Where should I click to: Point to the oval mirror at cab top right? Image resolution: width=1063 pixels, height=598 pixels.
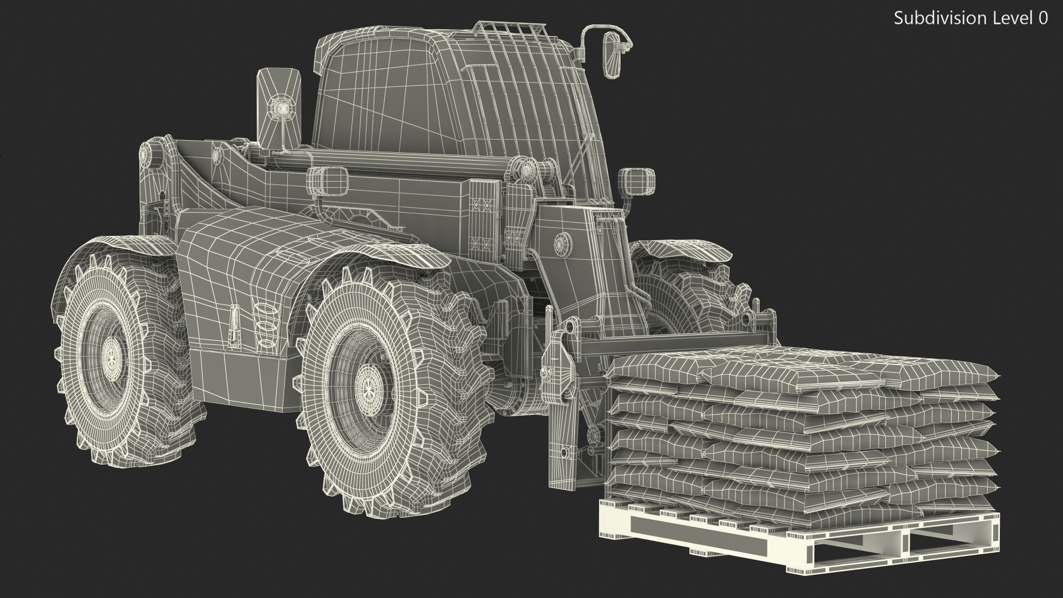(x=612, y=55)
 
